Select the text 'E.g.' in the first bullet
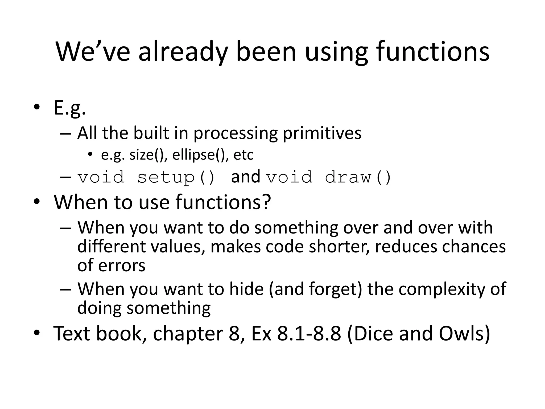pyautogui.click(x=70, y=108)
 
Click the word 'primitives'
pyautogui.click(x=322, y=133)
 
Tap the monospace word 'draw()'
pyautogui.click(x=358, y=177)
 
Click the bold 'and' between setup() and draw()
pyautogui.click(x=245, y=177)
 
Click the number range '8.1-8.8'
pyautogui.click(x=309, y=333)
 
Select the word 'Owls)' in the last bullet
pyautogui.click(x=464, y=333)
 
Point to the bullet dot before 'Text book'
pyautogui.click(x=37, y=333)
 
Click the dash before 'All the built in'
pyautogui.click(x=65, y=133)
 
